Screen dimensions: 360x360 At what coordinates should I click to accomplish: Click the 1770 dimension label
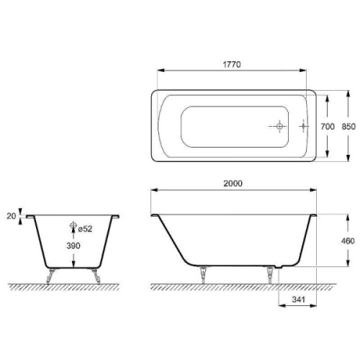point(230,64)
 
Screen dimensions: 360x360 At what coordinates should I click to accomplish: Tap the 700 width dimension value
point(328,126)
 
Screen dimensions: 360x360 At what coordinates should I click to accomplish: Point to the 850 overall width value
point(348,126)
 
